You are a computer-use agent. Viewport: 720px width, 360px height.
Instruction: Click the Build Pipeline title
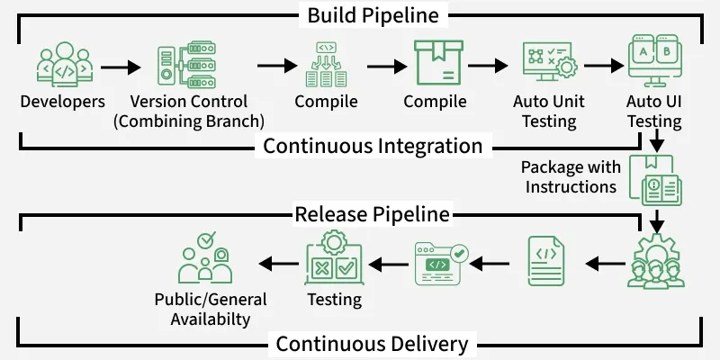372,15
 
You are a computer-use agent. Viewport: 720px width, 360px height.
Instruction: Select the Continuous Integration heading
372,145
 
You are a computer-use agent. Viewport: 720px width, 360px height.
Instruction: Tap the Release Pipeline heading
372,214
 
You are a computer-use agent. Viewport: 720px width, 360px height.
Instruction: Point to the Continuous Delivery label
372,344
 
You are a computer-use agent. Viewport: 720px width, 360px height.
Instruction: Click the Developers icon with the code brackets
63,66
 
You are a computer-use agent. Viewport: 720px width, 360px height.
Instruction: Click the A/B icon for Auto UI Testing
653,61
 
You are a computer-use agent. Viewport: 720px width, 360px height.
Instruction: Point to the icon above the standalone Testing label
334,258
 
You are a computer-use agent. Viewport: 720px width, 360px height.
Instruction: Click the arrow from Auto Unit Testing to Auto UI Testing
605,67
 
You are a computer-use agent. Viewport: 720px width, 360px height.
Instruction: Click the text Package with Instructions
571,177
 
